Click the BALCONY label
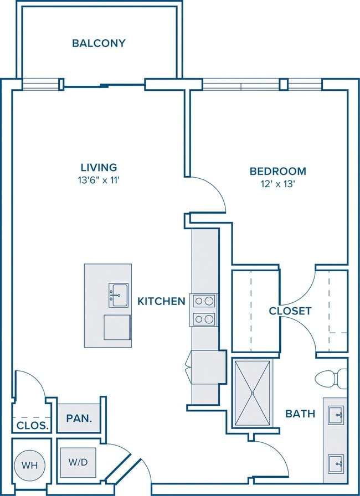[x=99, y=43]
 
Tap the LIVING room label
[x=99, y=167]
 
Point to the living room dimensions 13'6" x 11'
[x=99, y=180]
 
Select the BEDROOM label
[x=277, y=171]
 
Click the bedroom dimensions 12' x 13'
[x=277, y=184]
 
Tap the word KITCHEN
[x=161, y=301]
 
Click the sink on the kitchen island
[x=119, y=295]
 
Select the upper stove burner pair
[x=203, y=301]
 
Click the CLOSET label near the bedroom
[x=290, y=311]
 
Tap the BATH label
[x=300, y=414]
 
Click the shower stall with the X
[x=253, y=393]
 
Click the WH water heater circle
[x=30, y=466]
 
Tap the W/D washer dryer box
[x=78, y=462]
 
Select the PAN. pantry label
[x=79, y=418]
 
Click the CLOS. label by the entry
[x=33, y=426]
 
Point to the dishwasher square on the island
[x=117, y=327]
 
